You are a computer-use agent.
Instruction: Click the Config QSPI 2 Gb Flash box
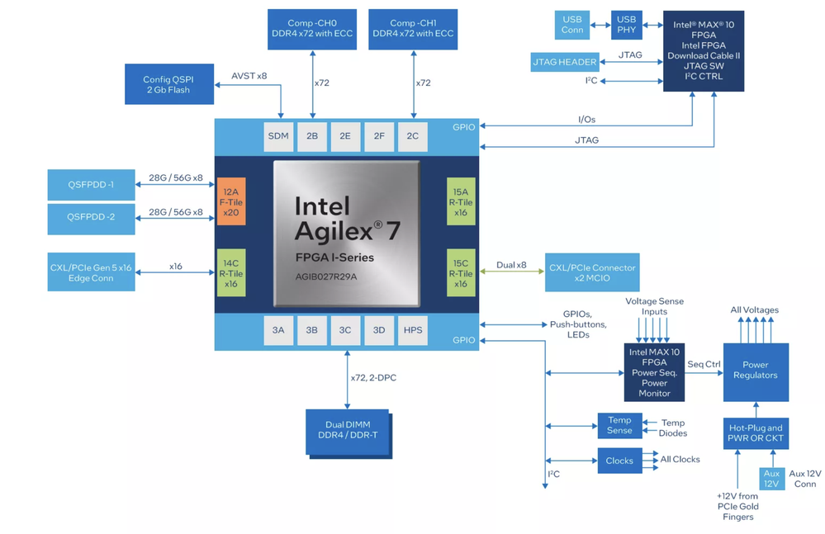coord(169,83)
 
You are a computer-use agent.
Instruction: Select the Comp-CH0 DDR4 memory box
coord(311,29)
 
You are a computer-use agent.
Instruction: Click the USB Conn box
coord(572,25)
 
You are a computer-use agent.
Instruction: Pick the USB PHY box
coord(628,25)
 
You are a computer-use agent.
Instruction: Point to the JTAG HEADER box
coord(564,62)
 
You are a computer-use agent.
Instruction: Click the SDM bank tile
coord(278,136)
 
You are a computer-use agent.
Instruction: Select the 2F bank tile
coord(379,136)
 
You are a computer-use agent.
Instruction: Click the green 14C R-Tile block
coord(230,272)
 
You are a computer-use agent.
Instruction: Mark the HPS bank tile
coord(413,330)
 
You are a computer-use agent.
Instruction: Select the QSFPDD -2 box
coord(91,218)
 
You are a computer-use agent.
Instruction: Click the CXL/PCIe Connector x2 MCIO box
coord(591,272)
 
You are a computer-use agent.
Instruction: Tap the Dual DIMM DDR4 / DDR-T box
coord(346,430)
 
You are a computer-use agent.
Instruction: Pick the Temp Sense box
coord(619,425)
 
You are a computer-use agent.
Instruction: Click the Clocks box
coord(619,461)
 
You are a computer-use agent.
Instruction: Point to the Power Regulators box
coord(755,370)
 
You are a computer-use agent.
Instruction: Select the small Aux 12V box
coord(771,479)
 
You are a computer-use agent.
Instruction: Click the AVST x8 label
coord(249,77)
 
